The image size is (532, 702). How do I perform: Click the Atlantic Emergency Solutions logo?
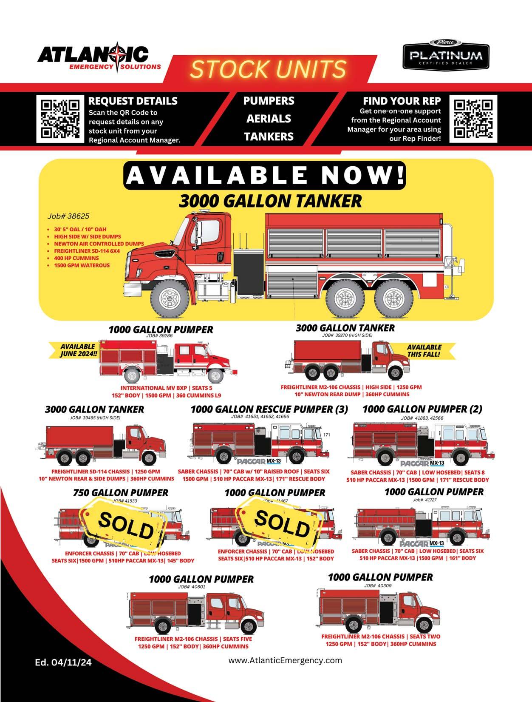point(99,58)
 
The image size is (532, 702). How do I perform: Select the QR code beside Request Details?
point(60,119)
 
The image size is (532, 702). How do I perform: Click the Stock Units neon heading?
point(268,69)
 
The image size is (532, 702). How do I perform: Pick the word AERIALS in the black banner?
point(269,119)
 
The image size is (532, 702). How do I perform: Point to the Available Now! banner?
point(264,175)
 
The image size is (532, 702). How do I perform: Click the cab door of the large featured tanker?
point(209,240)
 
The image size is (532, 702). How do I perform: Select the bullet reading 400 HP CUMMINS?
point(76,258)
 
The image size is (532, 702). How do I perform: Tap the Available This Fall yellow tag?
point(424,350)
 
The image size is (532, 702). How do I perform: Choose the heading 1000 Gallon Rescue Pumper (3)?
point(269,409)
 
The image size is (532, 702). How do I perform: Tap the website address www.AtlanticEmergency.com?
point(285,660)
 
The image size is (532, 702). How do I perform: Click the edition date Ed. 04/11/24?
point(63,662)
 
